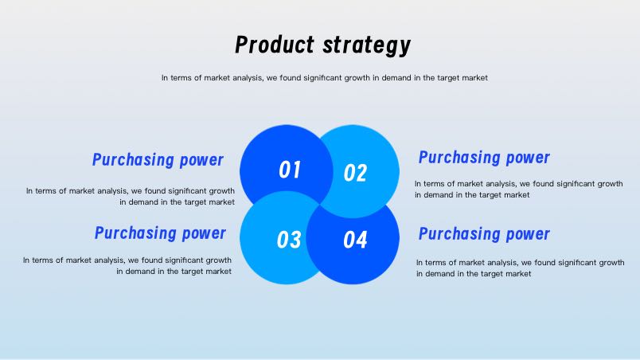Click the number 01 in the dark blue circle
(290, 170)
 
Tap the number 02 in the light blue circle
(355, 173)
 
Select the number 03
(289, 240)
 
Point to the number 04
(355, 240)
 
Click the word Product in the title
(275, 45)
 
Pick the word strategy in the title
(367, 45)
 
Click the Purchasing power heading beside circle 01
(158, 160)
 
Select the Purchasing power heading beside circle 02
(484, 158)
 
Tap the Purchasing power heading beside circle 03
(160, 233)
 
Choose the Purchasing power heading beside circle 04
(484, 234)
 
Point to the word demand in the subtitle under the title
(396, 77)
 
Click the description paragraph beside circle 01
(131, 196)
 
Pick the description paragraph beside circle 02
(519, 190)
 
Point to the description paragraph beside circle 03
(127, 266)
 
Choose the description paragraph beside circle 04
(521, 268)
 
